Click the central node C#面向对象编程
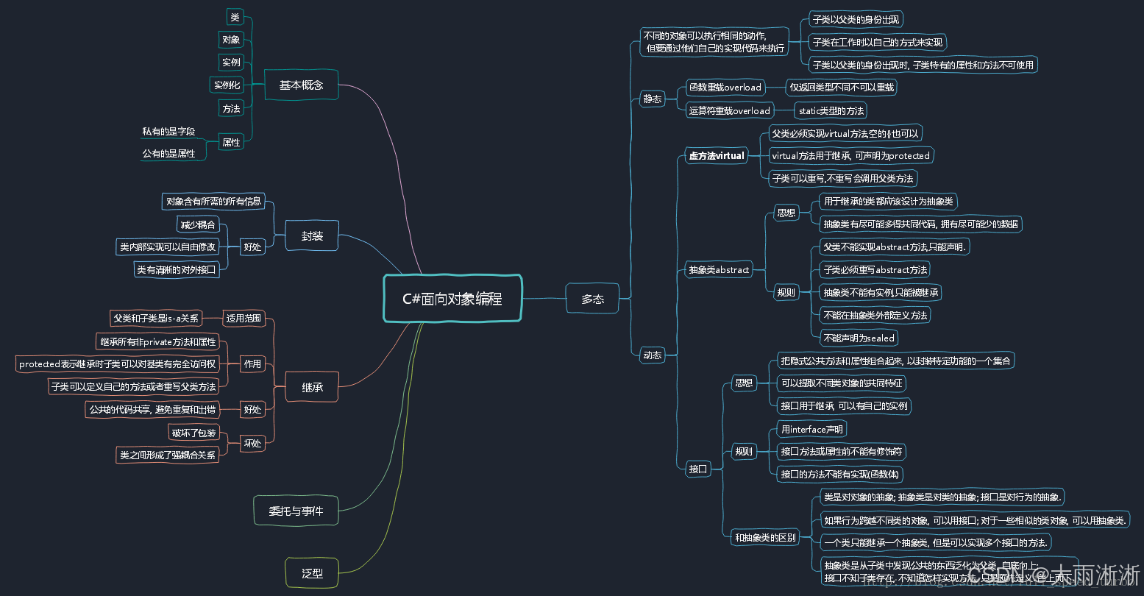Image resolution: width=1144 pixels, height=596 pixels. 452,298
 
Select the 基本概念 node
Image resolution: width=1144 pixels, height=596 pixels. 301,85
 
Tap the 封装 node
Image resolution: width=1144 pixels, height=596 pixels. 312,236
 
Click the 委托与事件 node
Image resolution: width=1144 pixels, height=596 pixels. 296,510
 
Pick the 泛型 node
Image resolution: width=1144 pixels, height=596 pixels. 312,573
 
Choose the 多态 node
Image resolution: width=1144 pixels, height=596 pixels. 592,299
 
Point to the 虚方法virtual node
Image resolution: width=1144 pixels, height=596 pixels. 716,155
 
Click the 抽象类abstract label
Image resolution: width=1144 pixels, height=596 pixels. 718,270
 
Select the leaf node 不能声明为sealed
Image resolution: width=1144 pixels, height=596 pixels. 859,338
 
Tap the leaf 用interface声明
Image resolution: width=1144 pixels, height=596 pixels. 812,429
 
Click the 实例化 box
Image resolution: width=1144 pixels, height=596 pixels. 227,85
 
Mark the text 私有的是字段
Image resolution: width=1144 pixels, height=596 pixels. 168,132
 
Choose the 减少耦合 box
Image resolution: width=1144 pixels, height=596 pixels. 198,224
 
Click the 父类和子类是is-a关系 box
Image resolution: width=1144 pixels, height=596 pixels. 156,319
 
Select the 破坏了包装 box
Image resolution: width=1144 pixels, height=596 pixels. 193,433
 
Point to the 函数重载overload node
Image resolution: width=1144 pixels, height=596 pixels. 725,88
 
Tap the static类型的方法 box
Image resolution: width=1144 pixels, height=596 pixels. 831,111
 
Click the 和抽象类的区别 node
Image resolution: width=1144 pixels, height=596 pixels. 765,538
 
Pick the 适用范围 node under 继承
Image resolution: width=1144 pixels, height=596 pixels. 244,319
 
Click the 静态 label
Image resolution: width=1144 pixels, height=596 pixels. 652,99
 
